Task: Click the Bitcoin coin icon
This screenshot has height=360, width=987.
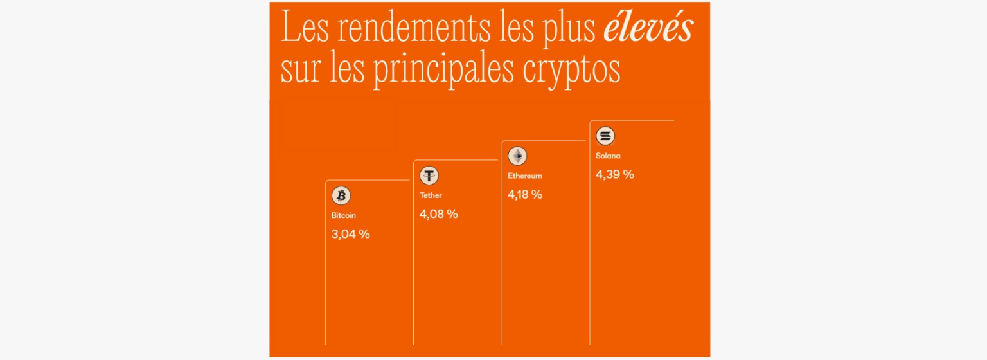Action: coord(341,196)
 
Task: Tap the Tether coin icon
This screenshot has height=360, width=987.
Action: coord(429,175)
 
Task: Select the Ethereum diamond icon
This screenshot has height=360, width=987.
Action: coord(517,156)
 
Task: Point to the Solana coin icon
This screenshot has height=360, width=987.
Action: coord(605,136)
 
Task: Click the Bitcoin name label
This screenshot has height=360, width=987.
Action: coord(344,215)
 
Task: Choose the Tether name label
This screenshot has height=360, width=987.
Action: coord(431,195)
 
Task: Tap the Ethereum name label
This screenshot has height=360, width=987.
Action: coord(525,175)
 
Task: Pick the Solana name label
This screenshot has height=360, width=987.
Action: coord(608,156)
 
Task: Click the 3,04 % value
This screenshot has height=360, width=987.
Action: coord(350,234)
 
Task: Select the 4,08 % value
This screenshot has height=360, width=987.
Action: coord(438,214)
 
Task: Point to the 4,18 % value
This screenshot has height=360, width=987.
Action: coord(525,194)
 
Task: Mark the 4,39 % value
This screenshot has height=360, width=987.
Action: coord(614,174)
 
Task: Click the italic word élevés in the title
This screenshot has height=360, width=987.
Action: coord(648,29)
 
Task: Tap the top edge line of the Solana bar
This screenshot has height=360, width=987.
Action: coord(632,120)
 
